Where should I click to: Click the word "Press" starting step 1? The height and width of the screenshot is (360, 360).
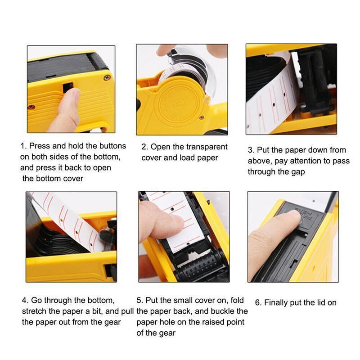click(41, 146)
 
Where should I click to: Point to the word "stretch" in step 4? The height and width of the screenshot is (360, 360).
click(35, 311)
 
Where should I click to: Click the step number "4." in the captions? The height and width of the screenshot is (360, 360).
click(25, 300)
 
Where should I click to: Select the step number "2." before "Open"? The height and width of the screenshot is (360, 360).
click(145, 147)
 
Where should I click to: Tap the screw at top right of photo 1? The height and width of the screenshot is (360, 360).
click(107, 77)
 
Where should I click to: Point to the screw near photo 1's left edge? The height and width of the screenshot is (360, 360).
click(31, 107)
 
